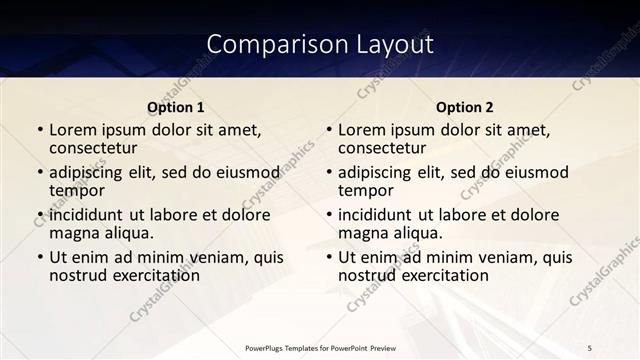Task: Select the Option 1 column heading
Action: coord(176,107)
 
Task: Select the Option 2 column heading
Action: coord(465,107)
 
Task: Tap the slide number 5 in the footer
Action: coord(590,347)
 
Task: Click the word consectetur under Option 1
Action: coord(98,148)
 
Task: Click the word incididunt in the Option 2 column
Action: coord(383,215)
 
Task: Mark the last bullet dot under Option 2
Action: coord(328,257)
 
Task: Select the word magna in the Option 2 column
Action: coord(362,233)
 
